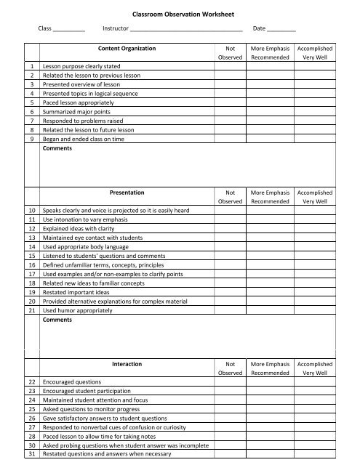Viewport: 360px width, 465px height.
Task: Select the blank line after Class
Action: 69,29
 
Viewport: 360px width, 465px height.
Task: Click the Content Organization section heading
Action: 127,49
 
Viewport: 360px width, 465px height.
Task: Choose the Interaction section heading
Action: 127,363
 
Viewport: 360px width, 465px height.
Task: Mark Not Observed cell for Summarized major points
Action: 230,113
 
